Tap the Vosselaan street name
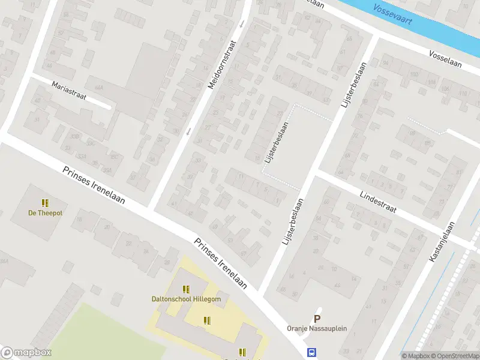pos(445,59)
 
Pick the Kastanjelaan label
pos(442,242)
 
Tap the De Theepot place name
pos(45,212)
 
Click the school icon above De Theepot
pos(44,202)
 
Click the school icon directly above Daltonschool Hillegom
pos(185,289)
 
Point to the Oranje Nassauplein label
pos(316,329)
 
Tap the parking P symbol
pos(317,319)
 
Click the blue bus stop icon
pos(312,353)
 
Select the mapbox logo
pos(25,353)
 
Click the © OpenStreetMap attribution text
pos(454,356)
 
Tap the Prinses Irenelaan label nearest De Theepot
pos(94,185)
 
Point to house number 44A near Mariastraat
pos(99,88)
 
